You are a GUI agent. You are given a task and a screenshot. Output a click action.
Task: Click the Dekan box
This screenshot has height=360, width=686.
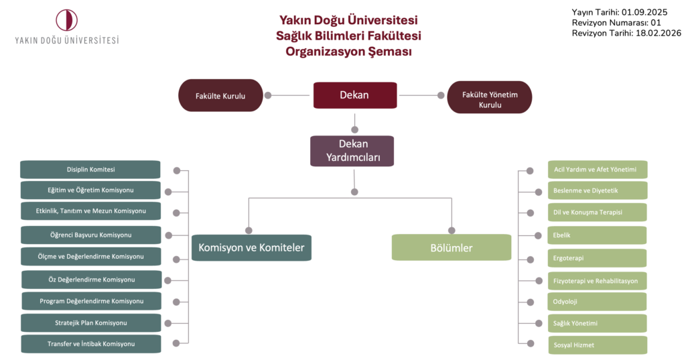355,95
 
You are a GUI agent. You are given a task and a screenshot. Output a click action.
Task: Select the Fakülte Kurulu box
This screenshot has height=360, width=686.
220,96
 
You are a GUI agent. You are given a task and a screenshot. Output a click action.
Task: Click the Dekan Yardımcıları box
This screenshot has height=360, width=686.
352,151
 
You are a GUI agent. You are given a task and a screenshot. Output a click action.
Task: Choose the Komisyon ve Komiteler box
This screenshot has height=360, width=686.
251,247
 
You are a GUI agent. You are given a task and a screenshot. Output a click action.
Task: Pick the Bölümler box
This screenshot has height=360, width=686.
451,247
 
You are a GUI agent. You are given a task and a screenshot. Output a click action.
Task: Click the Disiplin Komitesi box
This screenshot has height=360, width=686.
90,170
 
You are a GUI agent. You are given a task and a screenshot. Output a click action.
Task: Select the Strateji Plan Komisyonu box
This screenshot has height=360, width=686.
91,323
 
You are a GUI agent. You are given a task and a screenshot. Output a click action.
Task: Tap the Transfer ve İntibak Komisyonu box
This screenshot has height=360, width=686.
91,344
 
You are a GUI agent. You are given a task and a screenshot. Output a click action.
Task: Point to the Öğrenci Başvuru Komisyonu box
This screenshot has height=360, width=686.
90,235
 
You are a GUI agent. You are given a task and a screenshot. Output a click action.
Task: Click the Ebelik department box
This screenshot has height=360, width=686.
597,235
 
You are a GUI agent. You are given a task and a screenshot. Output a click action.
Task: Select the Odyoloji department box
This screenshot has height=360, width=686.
597,302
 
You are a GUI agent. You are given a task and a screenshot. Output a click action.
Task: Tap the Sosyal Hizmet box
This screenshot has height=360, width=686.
597,345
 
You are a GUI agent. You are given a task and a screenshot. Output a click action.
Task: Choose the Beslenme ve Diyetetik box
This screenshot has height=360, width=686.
597,191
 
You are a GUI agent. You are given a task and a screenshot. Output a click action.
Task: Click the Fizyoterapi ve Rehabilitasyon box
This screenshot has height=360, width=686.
597,280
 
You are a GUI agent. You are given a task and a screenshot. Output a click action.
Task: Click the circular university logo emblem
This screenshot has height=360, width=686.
67,19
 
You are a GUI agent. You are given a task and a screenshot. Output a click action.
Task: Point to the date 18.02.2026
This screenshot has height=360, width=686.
657,33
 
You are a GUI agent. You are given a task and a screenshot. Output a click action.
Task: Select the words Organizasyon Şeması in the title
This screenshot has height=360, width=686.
348,52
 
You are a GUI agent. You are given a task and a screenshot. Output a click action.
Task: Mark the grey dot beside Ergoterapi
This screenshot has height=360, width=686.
530,259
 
